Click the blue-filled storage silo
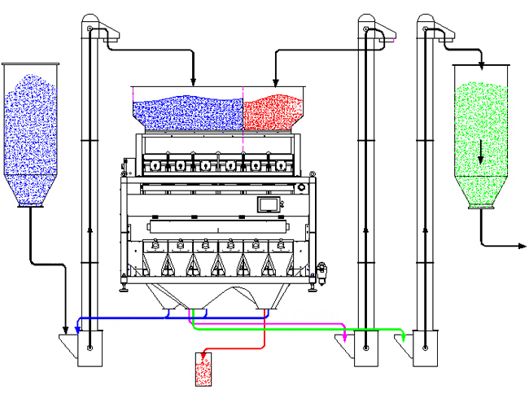[32, 130]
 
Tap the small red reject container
[203, 370]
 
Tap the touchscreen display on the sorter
[268, 203]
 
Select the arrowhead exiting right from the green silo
[522, 244]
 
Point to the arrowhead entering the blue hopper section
[193, 81]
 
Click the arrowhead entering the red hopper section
[275, 81]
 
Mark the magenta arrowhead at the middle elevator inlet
[345, 337]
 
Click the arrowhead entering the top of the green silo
[481, 65]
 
